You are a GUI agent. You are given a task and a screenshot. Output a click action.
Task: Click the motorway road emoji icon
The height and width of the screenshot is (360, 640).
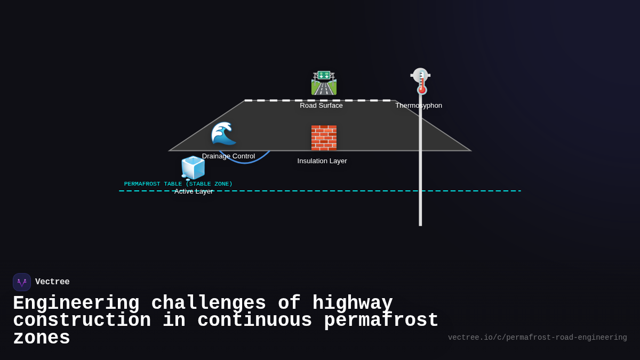[324, 83]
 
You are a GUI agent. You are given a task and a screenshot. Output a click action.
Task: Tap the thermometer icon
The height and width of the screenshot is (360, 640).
[421, 82]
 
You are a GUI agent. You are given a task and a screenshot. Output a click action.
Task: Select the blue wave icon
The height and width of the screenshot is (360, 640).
[223, 133]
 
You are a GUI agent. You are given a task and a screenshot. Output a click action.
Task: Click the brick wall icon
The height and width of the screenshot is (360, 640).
[324, 138]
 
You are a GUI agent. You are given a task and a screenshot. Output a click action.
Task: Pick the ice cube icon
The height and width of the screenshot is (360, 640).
[193, 168]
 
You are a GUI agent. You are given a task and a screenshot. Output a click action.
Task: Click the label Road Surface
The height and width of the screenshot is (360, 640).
[321, 106]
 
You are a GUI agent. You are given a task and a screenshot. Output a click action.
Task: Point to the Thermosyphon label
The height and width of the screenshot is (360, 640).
[419, 106]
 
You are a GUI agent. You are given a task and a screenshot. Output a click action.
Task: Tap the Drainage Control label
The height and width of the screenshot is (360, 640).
[228, 156]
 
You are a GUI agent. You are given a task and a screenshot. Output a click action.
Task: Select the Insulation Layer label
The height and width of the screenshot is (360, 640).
[322, 161]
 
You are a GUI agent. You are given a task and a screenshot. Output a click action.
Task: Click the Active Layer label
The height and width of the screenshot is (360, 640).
[194, 191]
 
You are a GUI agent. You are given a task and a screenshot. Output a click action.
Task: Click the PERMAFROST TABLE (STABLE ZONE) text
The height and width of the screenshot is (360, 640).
[178, 184]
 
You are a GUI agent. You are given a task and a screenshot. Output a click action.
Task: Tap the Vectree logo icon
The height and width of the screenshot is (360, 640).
[22, 282]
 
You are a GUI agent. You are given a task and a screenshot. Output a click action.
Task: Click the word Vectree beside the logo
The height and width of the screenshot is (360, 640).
[52, 282]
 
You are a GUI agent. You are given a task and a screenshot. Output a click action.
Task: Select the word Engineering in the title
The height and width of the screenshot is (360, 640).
[76, 303]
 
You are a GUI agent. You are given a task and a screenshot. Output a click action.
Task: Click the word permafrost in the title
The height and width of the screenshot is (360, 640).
[381, 321]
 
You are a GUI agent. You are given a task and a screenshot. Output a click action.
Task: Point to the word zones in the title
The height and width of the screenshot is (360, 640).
[42, 338]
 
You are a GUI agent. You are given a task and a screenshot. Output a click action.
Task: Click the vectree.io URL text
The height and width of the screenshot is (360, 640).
[537, 338]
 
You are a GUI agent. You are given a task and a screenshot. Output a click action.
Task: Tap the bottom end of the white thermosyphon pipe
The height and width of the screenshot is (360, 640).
[420, 224]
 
